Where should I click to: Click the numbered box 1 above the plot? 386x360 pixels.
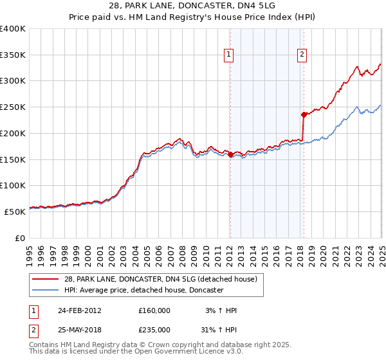click(x=230, y=55)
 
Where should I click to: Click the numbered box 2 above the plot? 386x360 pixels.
click(x=302, y=55)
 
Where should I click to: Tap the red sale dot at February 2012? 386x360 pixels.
click(x=230, y=154)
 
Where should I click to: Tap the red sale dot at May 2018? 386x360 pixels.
click(x=304, y=114)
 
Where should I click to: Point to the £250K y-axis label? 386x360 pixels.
click(x=13, y=107)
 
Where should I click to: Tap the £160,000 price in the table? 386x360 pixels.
click(x=154, y=310)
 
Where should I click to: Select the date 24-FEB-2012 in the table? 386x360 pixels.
click(x=79, y=310)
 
